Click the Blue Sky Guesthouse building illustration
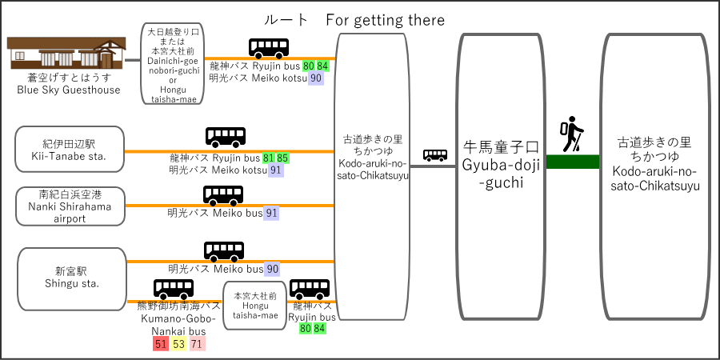[x=66, y=53]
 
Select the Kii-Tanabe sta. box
[x=70, y=150]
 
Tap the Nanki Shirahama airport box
[x=70, y=206]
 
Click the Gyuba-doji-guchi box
[x=499, y=177]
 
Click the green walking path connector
[x=573, y=162]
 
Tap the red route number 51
[x=161, y=344]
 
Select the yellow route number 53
[x=178, y=344]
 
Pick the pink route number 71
[x=197, y=344]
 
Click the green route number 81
[x=269, y=158]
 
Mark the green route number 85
[x=283, y=158]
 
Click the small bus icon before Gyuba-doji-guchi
[x=435, y=154]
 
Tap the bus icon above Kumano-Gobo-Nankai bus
[x=174, y=289]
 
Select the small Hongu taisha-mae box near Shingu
[x=255, y=306]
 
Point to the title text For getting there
[x=386, y=20]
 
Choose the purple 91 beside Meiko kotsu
[x=277, y=170]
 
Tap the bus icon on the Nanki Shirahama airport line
[x=223, y=196]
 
